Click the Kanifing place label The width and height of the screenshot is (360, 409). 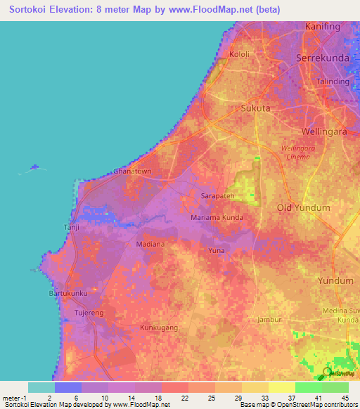tap(323, 27)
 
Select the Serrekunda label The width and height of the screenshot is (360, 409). tap(323, 58)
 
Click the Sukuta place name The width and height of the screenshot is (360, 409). tap(255, 109)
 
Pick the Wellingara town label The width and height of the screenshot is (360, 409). tap(325, 131)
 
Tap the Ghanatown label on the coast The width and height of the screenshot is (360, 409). tap(132, 171)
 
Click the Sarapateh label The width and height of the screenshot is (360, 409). tap(217, 196)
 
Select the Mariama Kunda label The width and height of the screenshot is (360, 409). tap(217, 218)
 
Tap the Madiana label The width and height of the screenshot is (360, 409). tap(150, 245)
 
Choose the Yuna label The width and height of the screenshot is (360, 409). tap(216, 250)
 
